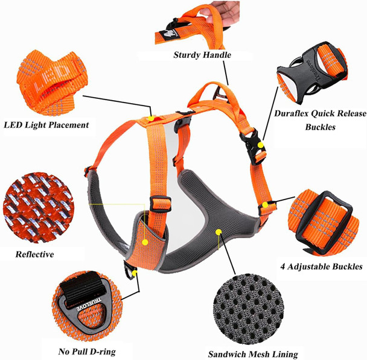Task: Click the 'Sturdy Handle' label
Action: tap(202, 55)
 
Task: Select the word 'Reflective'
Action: tap(34, 254)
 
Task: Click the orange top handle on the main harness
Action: tap(213, 95)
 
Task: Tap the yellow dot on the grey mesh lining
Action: tap(219, 230)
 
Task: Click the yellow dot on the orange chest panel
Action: tap(145, 241)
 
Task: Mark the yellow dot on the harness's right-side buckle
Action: tap(260, 145)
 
